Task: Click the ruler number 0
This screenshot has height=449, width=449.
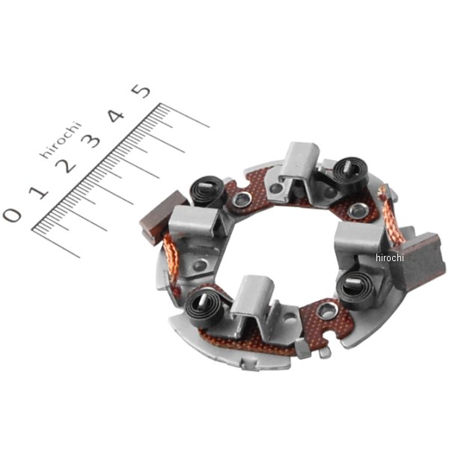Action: point(12,215)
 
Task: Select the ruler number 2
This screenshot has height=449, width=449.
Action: point(66,165)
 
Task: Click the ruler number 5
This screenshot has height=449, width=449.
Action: point(141,91)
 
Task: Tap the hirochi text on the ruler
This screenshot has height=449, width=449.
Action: point(61,140)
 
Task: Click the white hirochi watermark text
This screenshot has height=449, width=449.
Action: point(390,257)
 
